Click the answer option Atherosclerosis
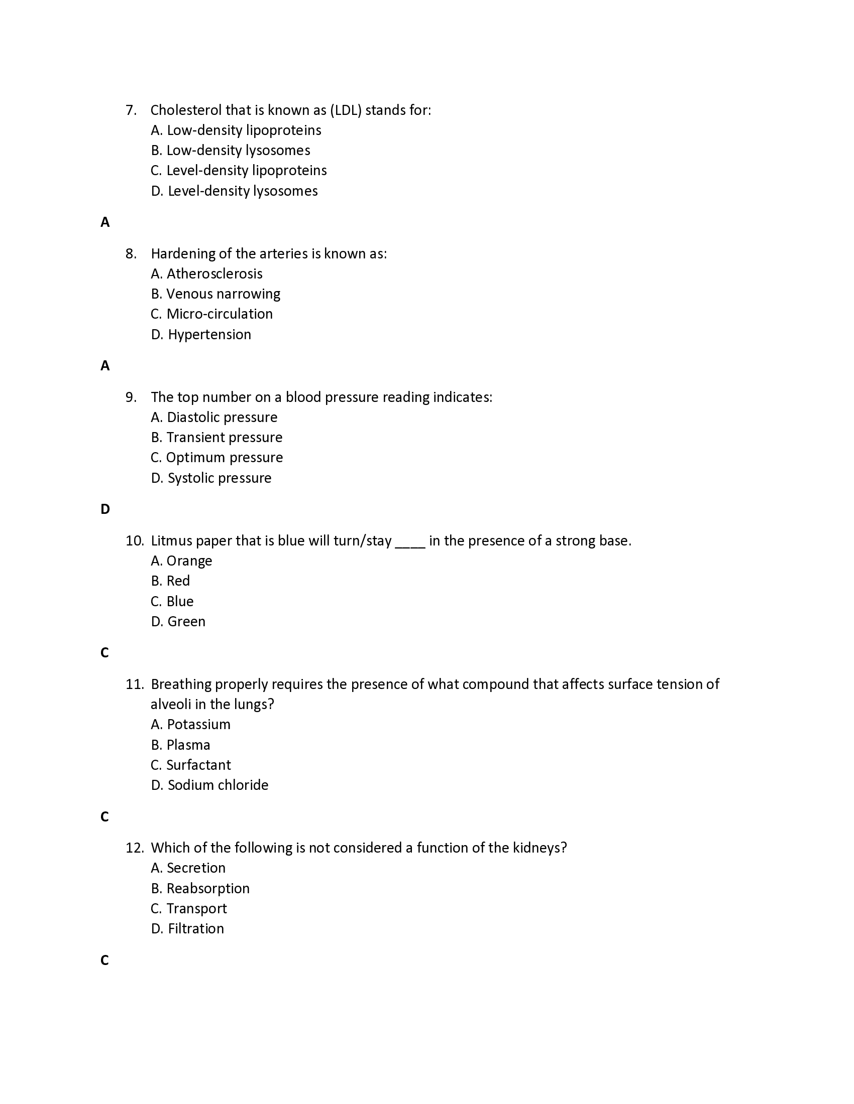pyautogui.click(x=214, y=273)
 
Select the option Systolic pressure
pyautogui.click(x=219, y=478)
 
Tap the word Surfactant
pyautogui.click(x=198, y=765)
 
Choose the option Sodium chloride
pyautogui.click(x=218, y=785)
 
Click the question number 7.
pyautogui.click(x=131, y=110)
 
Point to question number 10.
pyautogui.click(x=135, y=541)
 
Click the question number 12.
pyautogui.click(x=135, y=848)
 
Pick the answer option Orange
pyautogui.click(x=189, y=561)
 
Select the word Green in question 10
pyautogui.click(x=186, y=621)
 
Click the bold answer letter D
pyautogui.click(x=105, y=509)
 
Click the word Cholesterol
pyautogui.click(x=186, y=110)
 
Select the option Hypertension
pyautogui.click(x=209, y=334)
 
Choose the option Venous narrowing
pyautogui.click(x=223, y=294)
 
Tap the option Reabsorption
pyautogui.click(x=207, y=888)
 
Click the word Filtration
pyautogui.click(x=195, y=928)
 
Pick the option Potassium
pyautogui.click(x=198, y=724)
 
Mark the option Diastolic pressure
pyautogui.click(x=222, y=417)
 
